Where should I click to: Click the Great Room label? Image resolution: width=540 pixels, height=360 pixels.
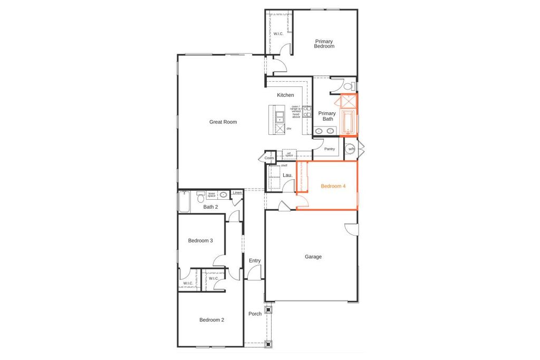223,122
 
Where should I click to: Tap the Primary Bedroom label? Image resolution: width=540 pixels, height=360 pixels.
324,44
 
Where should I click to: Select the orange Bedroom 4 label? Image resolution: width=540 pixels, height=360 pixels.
333,186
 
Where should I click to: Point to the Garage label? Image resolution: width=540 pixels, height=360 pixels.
313,257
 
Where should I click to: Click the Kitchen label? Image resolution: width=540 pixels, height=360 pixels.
285,95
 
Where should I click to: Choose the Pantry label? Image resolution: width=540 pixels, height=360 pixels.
330,149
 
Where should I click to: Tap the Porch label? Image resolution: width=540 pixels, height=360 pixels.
255,314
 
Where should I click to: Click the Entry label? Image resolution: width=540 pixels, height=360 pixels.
255,260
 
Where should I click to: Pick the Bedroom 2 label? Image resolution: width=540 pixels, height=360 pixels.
211,319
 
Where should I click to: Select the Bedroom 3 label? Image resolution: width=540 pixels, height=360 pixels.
200,240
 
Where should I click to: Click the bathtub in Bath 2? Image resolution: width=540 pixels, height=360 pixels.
184,201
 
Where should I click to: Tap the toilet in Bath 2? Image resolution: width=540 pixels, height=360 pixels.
200,197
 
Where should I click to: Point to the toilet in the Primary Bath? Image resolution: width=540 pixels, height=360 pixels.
348,85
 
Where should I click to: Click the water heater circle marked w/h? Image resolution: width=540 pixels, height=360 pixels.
351,149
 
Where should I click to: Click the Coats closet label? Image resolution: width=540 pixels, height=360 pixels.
269,158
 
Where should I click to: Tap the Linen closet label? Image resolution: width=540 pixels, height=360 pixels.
237,193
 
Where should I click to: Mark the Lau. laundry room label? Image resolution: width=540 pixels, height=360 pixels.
287,174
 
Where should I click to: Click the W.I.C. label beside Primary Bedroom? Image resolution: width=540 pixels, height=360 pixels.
278,34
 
